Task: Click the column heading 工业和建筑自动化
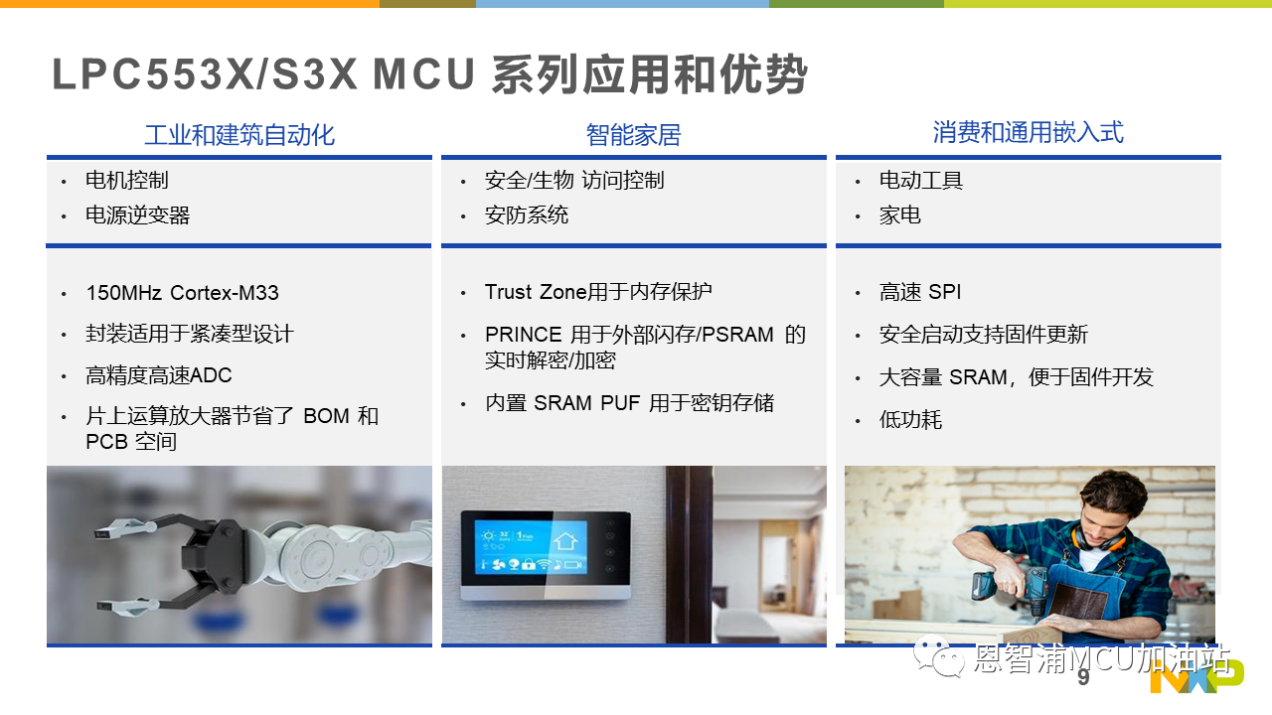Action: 239,135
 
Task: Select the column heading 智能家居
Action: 633,135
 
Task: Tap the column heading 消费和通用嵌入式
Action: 1028,132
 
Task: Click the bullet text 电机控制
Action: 126,180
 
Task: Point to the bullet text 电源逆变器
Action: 137,215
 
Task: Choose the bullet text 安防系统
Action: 527,215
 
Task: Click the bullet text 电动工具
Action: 921,180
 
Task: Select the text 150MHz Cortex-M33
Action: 182,293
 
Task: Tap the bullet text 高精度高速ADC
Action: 158,375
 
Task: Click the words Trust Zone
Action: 536,292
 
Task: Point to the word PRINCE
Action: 523,335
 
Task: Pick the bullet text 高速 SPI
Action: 920,292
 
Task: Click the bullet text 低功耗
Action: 910,420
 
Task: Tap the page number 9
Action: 1083,677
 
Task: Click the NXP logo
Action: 1197,676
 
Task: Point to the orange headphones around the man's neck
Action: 1099,539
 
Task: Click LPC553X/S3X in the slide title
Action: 205,74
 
